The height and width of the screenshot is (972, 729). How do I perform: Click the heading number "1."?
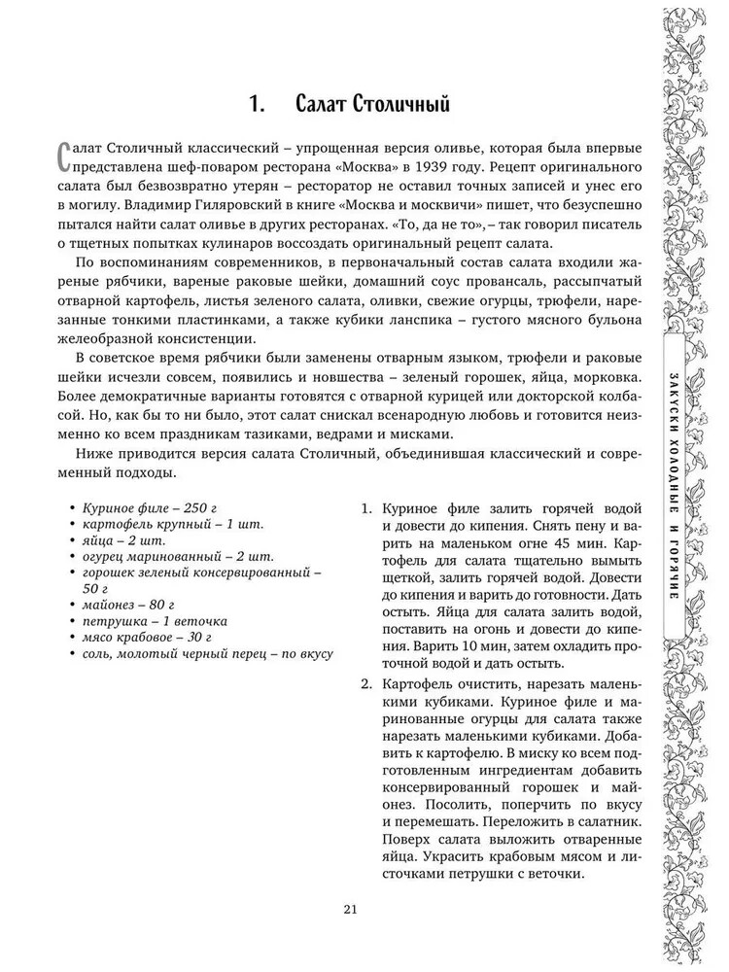pyautogui.click(x=260, y=104)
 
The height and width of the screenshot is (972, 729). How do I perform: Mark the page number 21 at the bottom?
pyautogui.click(x=352, y=910)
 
